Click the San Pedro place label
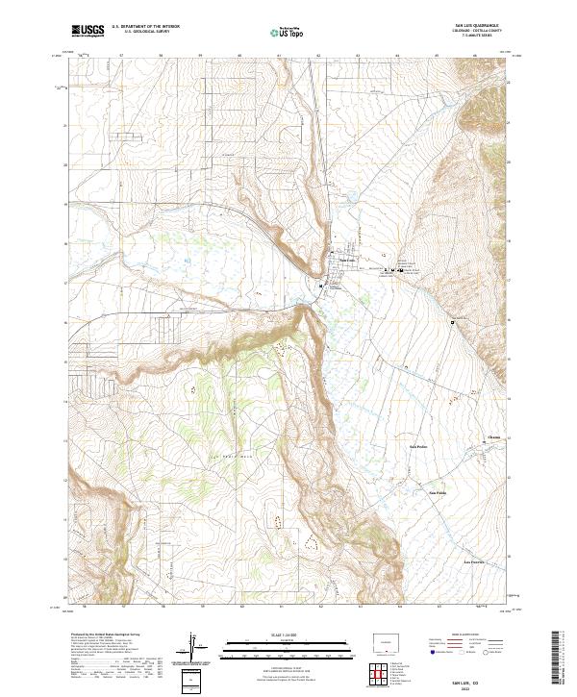click(418, 446)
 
